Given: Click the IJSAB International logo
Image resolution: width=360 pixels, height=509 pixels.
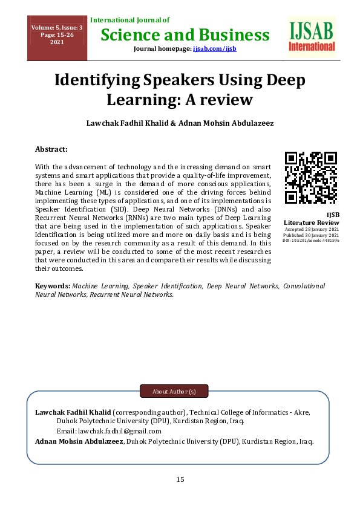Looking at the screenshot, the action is pos(312,37).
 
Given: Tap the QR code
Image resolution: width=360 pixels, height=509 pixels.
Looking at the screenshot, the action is pos(311,176).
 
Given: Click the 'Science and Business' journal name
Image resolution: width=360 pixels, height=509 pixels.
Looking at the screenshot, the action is pos(185,34).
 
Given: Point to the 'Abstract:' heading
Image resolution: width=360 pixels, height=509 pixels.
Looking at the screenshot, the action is pos(51,149).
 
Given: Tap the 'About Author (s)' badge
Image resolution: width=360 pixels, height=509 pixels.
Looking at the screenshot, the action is pos(174,392).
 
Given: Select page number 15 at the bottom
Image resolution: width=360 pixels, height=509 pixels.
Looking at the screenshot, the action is pos(180,479).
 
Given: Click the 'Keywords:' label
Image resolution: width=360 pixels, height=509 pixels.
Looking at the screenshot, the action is pos(53,285).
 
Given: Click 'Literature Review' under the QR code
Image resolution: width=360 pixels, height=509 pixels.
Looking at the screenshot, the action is pos(312,222).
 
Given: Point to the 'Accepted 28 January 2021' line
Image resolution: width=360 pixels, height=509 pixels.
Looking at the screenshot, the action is pos(312,229).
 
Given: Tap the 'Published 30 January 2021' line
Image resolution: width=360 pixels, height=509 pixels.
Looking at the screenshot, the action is pos(311,235).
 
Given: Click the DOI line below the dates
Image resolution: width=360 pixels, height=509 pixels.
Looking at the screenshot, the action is pos(311,240).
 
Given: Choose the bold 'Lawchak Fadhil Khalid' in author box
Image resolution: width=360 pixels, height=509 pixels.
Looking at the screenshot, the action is pos(73,412).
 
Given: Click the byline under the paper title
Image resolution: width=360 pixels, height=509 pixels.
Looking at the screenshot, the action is pos(180,123).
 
